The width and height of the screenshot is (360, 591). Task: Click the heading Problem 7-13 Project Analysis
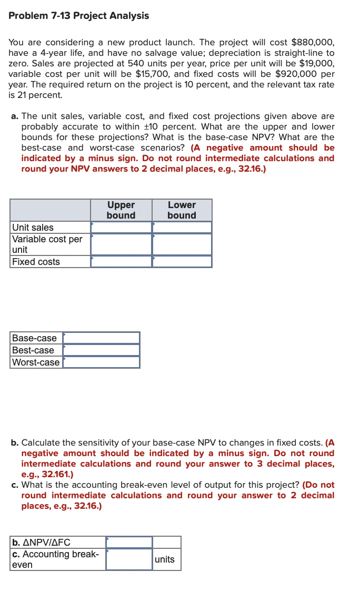tap(79, 16)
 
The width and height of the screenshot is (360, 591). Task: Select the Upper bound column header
tap(121, 210)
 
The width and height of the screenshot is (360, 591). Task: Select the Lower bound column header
tap(182, 210)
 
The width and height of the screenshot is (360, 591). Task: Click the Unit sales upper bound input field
tap(121, 228)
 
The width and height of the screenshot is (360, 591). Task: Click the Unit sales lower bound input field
tap(182, 228)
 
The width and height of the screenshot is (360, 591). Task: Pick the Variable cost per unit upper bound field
tap(121, 244)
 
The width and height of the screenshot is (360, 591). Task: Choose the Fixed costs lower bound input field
tap(182, 262)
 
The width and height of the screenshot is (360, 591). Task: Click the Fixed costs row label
tap(36, 262)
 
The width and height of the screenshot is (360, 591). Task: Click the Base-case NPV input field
tap(102, 338)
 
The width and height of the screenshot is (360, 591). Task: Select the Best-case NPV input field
tap(102, 350)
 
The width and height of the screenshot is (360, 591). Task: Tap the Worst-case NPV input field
tap(102, 362)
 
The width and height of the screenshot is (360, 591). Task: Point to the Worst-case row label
tap(36, 362)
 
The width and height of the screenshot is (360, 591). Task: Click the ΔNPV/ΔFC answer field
tap(129, 543)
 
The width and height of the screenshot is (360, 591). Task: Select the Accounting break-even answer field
tap(129, 559)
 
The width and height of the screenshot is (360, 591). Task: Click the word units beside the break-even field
tap(165, 559)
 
